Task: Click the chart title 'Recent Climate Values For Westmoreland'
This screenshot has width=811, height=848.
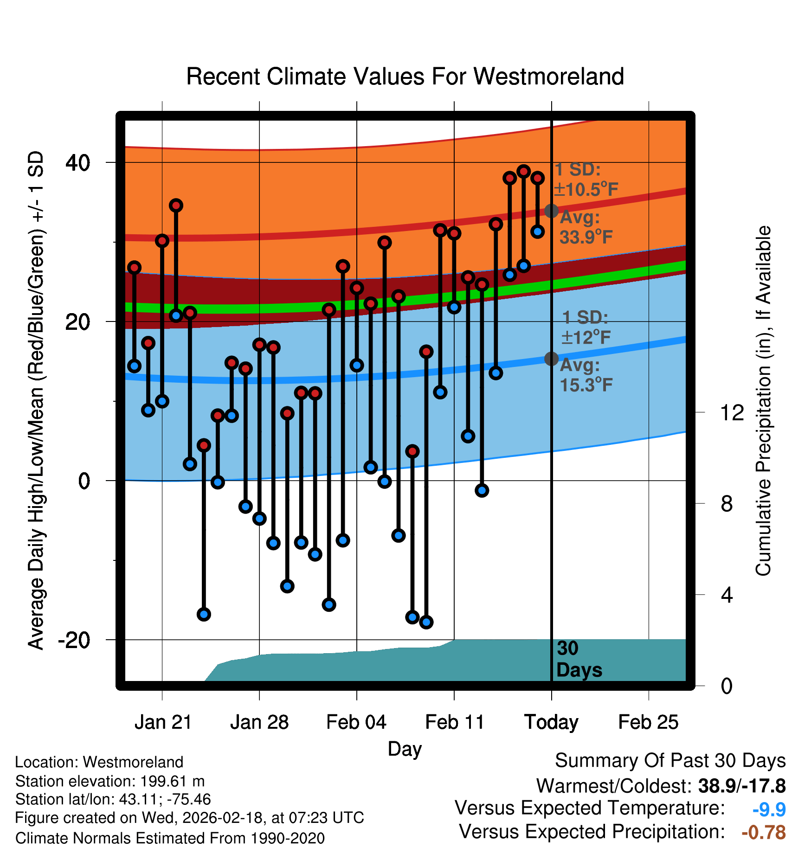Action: [x=405, y=77]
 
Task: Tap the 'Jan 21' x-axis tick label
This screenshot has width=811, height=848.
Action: [x=163, y=722]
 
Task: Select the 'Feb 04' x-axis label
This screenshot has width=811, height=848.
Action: [x=356, y=722]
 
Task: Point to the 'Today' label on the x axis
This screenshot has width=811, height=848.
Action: [x=551, y=722]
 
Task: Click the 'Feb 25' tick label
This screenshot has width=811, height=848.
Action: [x=648, y=722]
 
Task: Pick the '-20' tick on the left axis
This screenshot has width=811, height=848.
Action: [x=74, y=640]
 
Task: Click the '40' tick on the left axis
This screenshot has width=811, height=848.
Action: [x=78, y=163]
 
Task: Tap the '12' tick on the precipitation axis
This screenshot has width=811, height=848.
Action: [x=732, y=412]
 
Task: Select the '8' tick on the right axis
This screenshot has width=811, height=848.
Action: [x=727, y=504]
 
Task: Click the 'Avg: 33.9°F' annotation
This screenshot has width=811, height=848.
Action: [x=586, y=227]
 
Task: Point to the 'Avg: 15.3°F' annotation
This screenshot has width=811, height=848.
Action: [x=586, y=375]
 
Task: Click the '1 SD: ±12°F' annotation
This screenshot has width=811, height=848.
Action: [x=586, y=328]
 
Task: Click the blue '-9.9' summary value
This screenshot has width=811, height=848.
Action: [x=769, y=809]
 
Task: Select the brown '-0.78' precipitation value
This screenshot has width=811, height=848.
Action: [x=764, y=833]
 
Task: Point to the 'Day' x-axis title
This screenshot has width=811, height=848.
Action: [x=405, y=749]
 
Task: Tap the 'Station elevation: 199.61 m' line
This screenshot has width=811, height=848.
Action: [x=110, y=781]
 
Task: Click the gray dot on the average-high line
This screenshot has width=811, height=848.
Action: [x=551, y=211]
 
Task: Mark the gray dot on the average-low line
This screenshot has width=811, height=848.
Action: [x=551, y=359]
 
